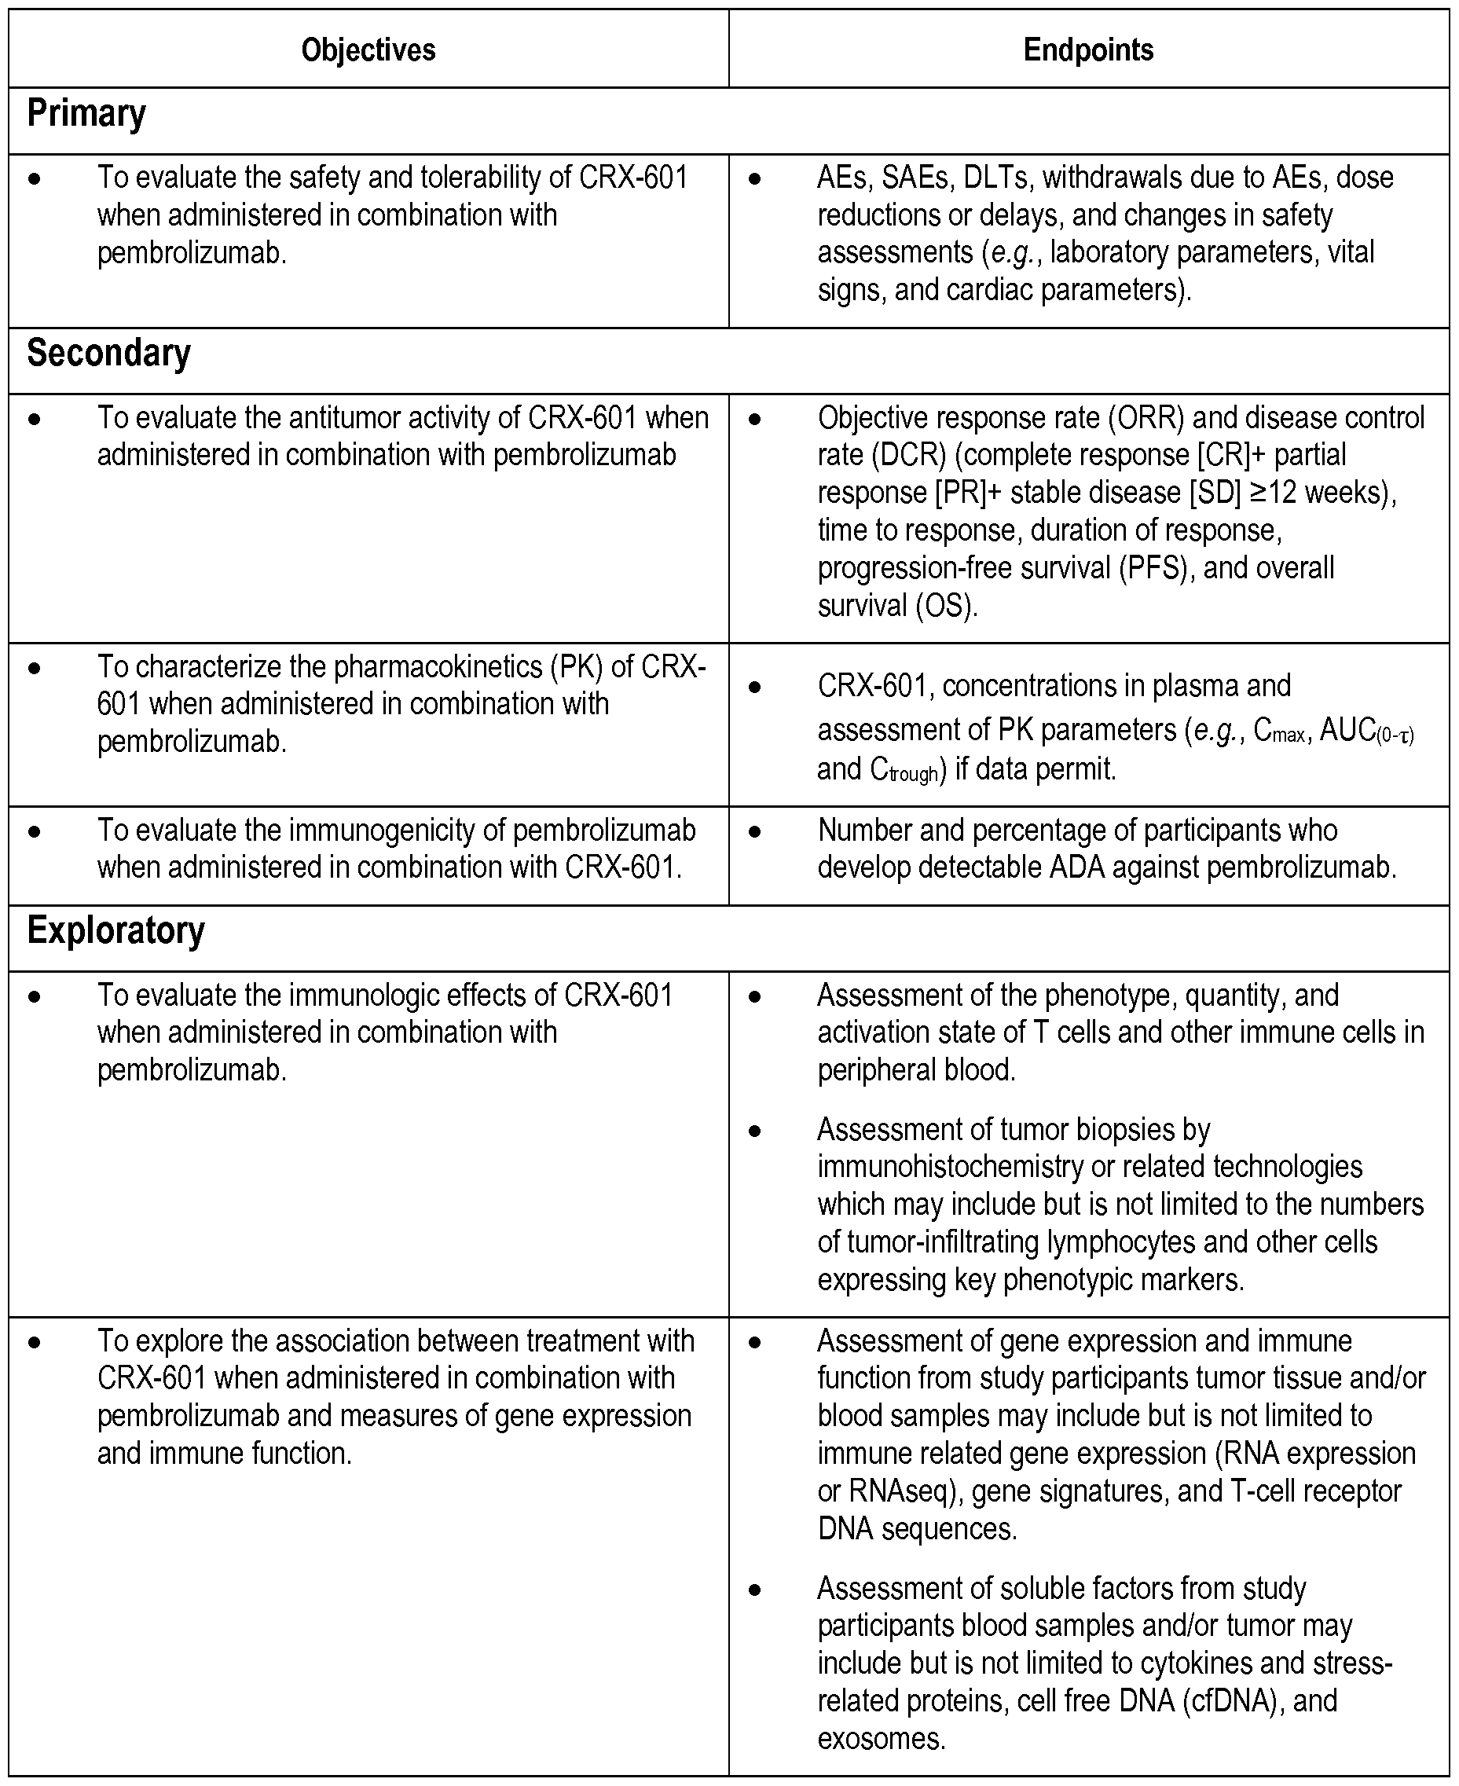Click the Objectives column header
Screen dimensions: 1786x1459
click(x=368, y=50)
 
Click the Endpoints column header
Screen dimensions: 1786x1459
click(x=1087, y=50)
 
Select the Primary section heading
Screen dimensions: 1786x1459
click(x=86, y=114)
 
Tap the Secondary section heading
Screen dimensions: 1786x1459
click(x=108, y=354)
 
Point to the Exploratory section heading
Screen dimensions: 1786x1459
click(x=116, y=931)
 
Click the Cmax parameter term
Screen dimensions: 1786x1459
click(x=1279, y=732)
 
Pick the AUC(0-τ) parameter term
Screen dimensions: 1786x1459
click(x=1367, y=732)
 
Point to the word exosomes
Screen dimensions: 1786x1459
click(x=882, y=1738)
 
